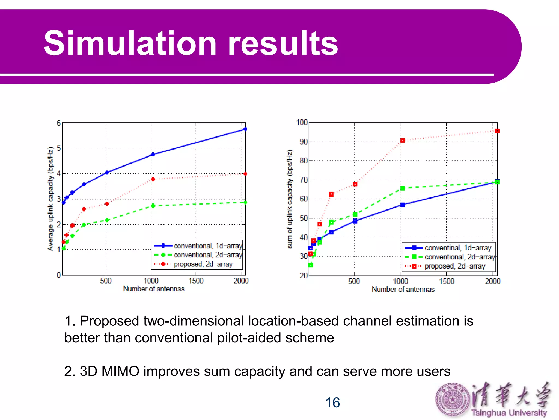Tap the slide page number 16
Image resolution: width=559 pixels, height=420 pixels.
(x=332, y=402)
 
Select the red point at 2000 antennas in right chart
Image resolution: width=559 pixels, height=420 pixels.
(x=497, y=131)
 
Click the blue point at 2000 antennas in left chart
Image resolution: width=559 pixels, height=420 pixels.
(x=245, y=129)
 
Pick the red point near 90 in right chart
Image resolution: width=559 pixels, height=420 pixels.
(x=402, y=141)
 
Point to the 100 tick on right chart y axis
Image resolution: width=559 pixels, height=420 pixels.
(x=302, y=122)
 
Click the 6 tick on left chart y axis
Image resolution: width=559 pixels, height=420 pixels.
(x=58, y=123)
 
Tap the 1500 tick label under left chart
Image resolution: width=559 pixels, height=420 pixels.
(x=196, y=281)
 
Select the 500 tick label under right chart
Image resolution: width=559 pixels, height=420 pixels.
(x=354, y=281)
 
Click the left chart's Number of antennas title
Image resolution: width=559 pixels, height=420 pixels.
(x=154, y=289)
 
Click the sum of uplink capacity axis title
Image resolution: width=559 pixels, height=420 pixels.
(x=290, y=199)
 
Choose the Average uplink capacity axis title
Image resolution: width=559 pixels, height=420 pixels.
(x=50, y=199)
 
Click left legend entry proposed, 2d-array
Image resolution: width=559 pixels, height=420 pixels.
(x=203, y=264)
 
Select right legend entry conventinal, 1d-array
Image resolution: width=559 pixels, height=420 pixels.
(x=458, y=248)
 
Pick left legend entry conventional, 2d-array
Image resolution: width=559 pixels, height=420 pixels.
(x=208, y=255)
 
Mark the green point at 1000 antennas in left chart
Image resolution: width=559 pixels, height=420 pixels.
(x=153, y=206)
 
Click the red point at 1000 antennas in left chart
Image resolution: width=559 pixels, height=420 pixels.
(x=153, y=179)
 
